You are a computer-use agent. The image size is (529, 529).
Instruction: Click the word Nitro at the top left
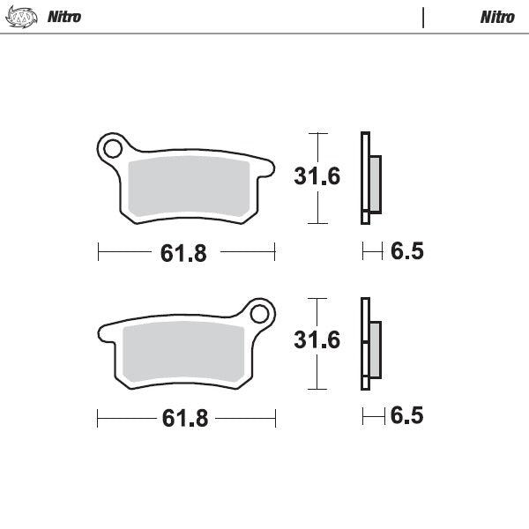65,17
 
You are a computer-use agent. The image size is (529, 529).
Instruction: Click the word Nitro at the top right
497,17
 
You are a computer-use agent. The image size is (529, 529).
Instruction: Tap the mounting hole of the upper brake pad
112,149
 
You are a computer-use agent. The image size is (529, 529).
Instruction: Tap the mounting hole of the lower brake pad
259,313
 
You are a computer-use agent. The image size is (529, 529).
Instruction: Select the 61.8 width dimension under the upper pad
183,253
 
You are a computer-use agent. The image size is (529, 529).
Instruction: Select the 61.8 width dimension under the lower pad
184,418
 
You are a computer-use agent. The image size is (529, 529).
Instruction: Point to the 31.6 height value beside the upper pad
317,176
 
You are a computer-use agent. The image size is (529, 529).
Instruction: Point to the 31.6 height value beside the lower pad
317,339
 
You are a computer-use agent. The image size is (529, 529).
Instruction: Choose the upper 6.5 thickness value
406,252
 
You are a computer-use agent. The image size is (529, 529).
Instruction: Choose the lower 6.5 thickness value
406,415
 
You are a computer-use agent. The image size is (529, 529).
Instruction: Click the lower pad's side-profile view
369,344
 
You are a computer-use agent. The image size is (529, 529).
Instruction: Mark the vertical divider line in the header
424,17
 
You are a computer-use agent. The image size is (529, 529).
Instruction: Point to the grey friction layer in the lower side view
375,347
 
